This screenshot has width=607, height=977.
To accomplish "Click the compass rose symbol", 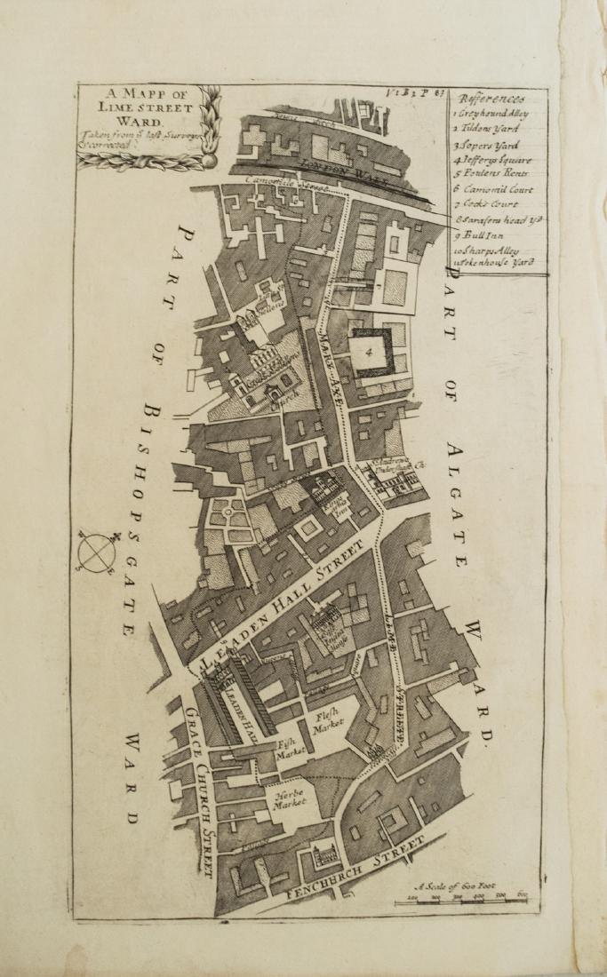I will [x=97, y=552].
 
